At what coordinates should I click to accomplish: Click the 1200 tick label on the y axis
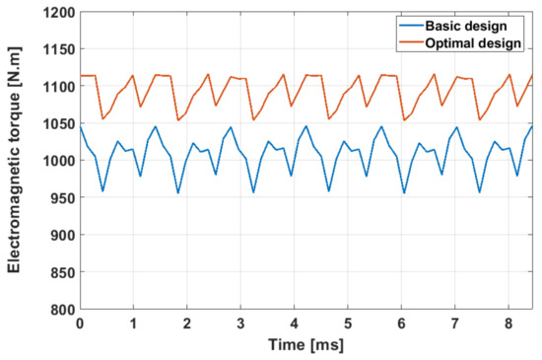point(56,13)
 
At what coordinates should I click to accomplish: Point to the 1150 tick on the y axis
point(56,49)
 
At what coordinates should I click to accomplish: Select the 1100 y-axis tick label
point(56,87)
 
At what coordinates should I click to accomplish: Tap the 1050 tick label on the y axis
point(56,123)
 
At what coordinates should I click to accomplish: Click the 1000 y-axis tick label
point(56,161)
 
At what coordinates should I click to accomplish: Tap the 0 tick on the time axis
point(80,323)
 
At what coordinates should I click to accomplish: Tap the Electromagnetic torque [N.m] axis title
point(17,161)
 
